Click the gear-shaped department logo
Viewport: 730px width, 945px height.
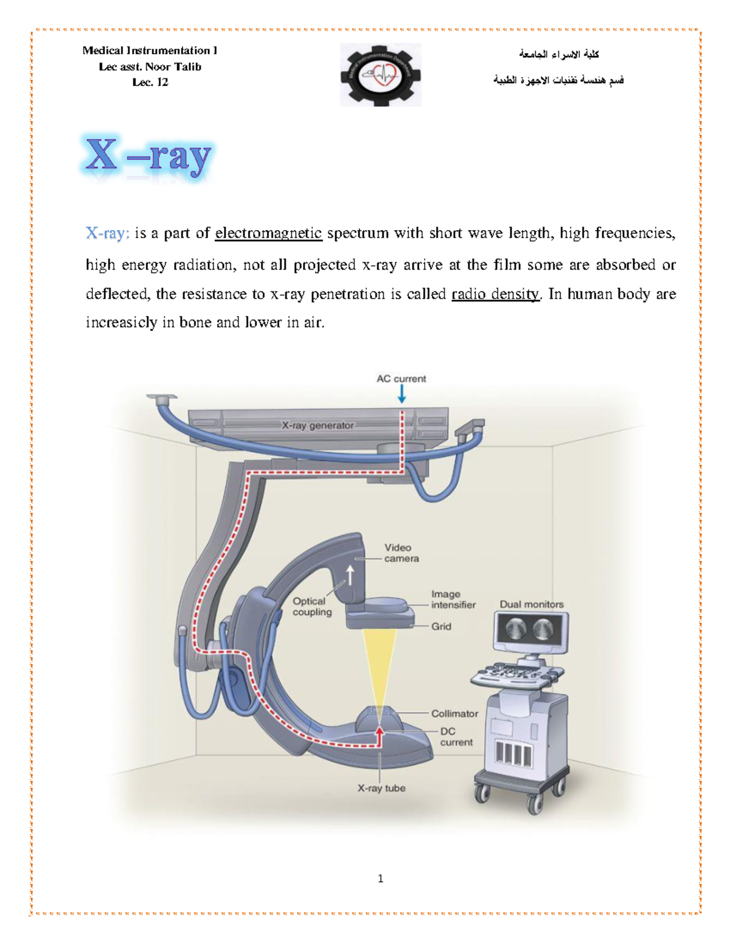380,75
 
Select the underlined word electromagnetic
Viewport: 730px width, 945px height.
268,234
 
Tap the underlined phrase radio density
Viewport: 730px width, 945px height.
495,295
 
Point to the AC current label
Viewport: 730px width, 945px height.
401,378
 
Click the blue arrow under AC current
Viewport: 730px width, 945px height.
401,395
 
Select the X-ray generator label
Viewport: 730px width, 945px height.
318,425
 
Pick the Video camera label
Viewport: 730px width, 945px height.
401,553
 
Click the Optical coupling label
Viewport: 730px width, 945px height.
311,606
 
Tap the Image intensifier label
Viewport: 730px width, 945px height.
453,599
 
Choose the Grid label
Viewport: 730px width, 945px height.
441,626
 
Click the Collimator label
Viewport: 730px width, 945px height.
454,713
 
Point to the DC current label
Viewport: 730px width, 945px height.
456,737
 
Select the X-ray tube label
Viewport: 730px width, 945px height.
381,788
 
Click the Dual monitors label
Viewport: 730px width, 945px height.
531,604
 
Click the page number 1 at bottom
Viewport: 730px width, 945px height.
380,878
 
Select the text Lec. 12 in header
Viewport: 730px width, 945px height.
150,82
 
